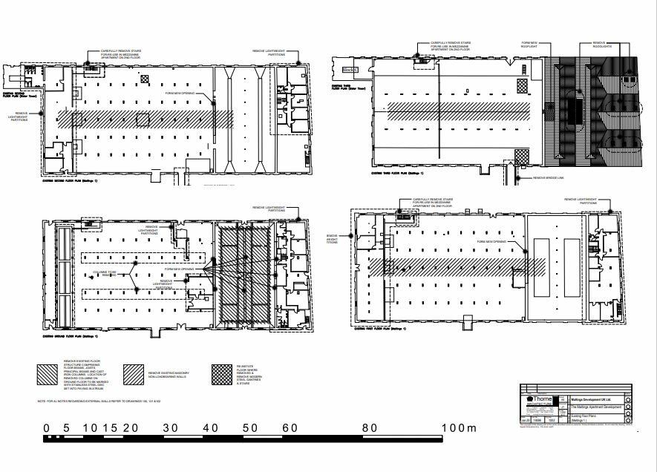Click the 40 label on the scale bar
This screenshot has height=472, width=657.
[x=210, y=428]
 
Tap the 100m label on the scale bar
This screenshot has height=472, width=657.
[x=460, y=428]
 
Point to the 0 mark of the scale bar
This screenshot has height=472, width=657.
[x=47, y=428]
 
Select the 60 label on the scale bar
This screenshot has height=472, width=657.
[x=290, y=428]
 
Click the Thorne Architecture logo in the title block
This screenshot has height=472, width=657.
[x=537, y=401]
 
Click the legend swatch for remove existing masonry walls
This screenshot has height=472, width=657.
[x=134, y=373]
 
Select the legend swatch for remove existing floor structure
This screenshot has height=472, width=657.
[x=48, y=373]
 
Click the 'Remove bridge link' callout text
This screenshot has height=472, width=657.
[x=549, y=178]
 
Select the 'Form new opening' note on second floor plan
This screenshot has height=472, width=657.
[x=180, y=94]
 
